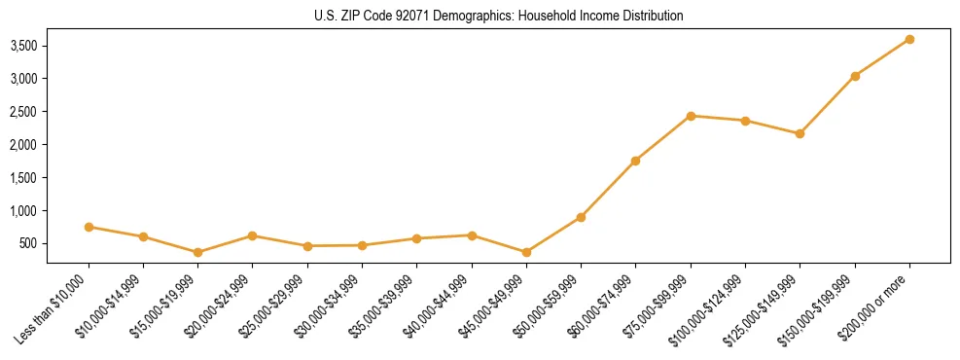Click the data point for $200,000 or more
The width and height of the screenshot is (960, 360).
pos(909,39)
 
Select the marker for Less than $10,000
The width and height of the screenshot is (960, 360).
pos(89,227)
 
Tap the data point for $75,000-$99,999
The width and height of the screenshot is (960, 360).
pos(691,116)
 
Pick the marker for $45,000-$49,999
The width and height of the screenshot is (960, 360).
pos(526,252)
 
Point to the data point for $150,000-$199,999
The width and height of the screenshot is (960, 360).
pos(855,76)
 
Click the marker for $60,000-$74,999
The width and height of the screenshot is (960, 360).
pos(635,161)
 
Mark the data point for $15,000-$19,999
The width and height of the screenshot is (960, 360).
pos(198,252)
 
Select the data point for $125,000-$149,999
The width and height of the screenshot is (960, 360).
pos(800,133)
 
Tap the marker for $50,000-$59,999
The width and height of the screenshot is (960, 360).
pos(581,217)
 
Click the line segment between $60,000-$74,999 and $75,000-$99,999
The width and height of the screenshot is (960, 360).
pos(663,138)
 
